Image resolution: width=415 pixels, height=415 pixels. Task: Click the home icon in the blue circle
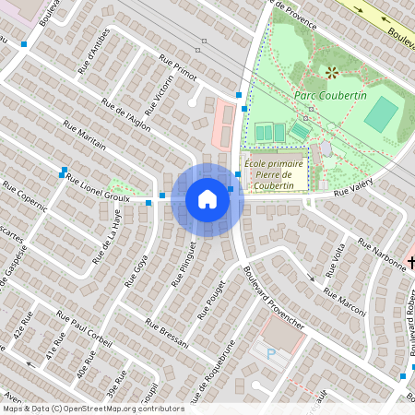point(207,199)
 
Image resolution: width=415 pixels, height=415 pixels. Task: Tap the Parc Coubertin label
point(330,95)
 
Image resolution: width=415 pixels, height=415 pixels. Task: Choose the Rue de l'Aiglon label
point(126,115)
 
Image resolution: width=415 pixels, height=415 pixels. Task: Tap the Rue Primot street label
point(178,68)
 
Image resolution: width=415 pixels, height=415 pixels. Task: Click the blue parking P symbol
point(271,353)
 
